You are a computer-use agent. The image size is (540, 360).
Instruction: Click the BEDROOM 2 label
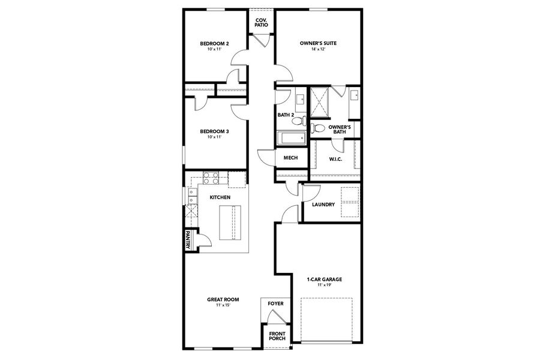(x=214, y=44)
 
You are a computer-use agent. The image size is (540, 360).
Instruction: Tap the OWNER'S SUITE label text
(x=317, y=44)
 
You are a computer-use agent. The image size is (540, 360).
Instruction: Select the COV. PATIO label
(x=262, y=23)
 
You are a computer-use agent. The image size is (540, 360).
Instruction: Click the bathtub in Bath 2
(x=290, y=139)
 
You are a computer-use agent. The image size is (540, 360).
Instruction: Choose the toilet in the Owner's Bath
(x=318, y=128)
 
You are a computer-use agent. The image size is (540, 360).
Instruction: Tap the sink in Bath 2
(x=299, y=97)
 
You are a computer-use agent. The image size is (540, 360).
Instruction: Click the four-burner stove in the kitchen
(x=211, y=178)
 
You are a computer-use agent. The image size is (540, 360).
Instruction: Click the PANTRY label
(x=188, y=240)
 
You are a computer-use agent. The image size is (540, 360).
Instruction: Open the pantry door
(x=203, y=239)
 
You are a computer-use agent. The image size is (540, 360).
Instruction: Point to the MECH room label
(x=290, y=158)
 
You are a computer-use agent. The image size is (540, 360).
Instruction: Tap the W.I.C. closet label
(x=335, y=160)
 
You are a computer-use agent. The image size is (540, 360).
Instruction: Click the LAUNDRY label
(x=323, y=205)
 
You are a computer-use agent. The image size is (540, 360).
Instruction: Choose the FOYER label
(x=275, y=304)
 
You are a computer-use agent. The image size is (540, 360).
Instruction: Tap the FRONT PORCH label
(x=277, y=336)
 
